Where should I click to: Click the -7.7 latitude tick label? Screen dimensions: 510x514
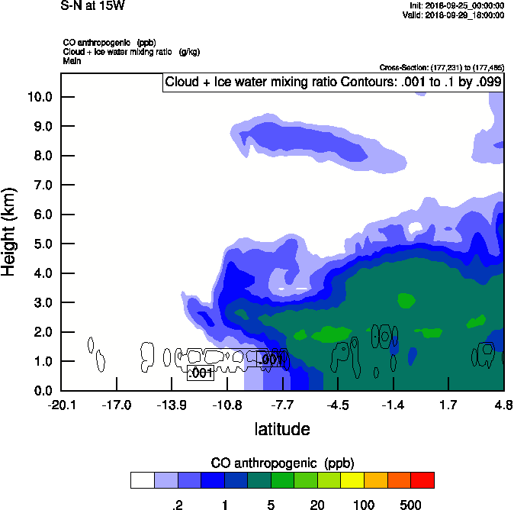coord(282,405)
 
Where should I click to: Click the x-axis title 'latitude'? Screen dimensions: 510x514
coord(282,429)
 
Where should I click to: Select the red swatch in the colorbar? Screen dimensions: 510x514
coord(422,480)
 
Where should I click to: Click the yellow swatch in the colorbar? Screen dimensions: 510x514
coord(352,480)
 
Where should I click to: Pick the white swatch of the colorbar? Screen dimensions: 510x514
coord(142,480)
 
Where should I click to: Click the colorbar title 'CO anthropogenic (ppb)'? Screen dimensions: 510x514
coord(282,463)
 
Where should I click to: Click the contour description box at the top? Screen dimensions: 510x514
coord(333,82)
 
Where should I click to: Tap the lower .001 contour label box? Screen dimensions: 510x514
coord(200,373)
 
